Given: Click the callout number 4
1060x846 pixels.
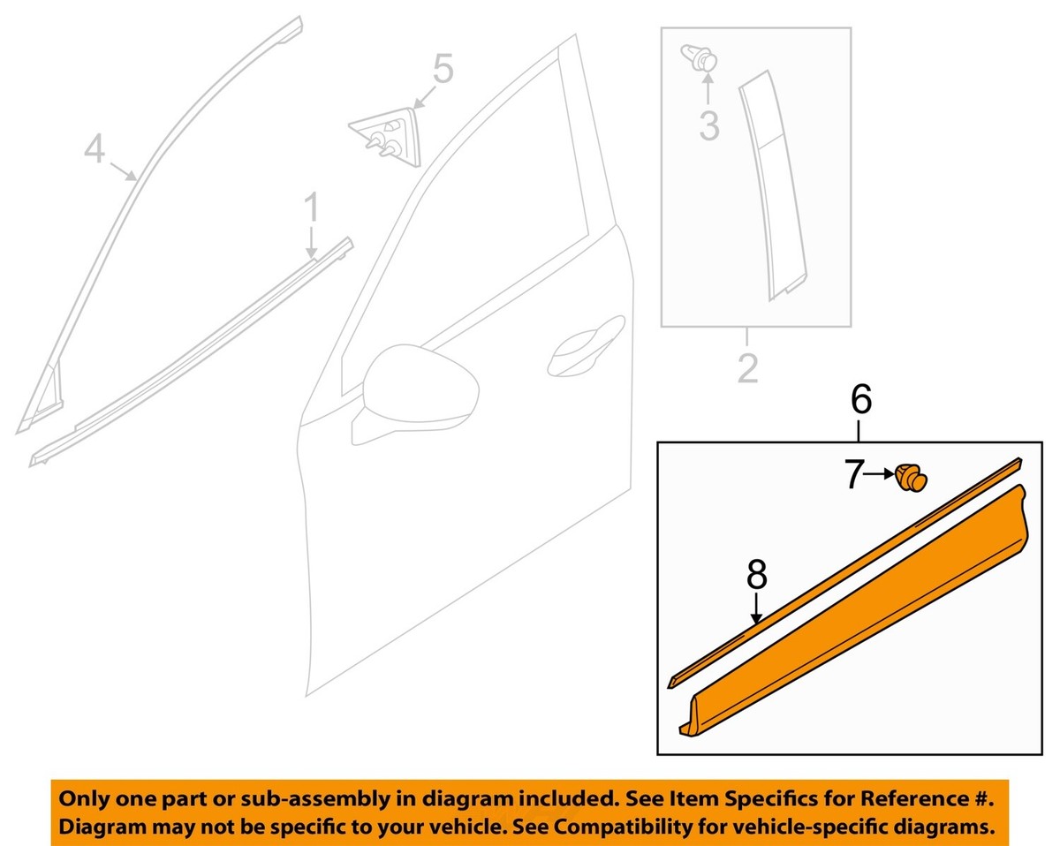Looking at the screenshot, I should tap(95, 147).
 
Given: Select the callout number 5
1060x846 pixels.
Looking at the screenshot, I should tap(442, 69).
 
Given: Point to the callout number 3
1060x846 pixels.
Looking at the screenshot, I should tap(709, 125).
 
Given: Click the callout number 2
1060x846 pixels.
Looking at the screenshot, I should tap(747, 368).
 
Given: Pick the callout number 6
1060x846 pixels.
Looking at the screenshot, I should tap(860, 400).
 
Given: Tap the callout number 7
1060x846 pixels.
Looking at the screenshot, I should tap(852, 476).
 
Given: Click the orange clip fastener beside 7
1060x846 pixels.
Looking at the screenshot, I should tap(912, 478).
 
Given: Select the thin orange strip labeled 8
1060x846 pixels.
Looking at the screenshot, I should tap(839, 574).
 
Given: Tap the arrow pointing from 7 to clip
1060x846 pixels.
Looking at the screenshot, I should tap(882, 476).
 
